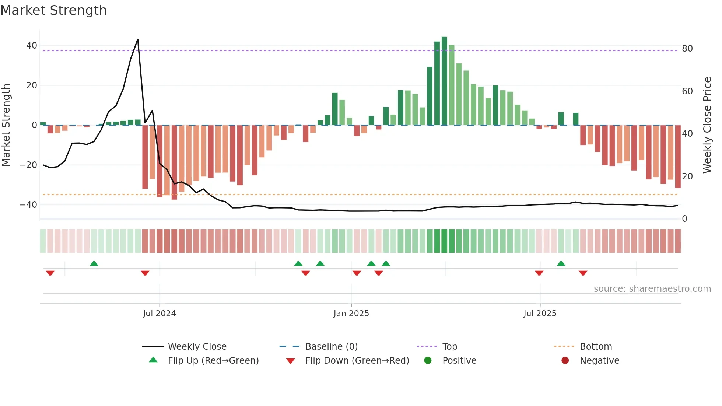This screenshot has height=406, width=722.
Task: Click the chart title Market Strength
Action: pyautogui.click(x=53, y=10)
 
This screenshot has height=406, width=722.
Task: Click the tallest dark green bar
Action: pyautogui.click(x=444, y=81)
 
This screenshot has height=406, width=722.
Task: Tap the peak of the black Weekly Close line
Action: pyautogui.click(x=137, y=39)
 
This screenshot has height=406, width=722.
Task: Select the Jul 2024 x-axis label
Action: pyautogui.click(x=159, y=314)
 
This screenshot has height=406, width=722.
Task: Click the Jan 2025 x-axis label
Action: pyautogui.click(x=351, y=314)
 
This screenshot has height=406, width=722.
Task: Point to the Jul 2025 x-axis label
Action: pyautogui.click(x=540, y=314)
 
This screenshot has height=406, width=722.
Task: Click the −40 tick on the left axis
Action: pyautogui.click(x=28, y=204)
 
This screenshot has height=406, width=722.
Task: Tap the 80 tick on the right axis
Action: pyautogui.click(x=687, y=49)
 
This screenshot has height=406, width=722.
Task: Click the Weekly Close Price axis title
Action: pyautogui.click(x=707, y=125)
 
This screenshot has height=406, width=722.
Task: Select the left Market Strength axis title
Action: pyautogui.click(x=6, y=125)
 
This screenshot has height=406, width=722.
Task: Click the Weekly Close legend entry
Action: pyautogui.click(x=197, y=347)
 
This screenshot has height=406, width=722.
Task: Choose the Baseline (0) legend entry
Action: pyautogui.click(x=331, y=347)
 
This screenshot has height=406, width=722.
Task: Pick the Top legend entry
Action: pyautogui.click(x=449, y=347)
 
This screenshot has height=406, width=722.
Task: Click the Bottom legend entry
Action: pyautogui.click(x=596, y=347)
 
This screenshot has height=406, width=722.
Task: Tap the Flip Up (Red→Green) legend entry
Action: pyautogui.click(x=213, y=361)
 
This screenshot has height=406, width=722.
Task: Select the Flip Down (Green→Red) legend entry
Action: pyautogui.click(x=357, y=361)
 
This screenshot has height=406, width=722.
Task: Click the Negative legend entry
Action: pyautogui.click(x=599, y=361)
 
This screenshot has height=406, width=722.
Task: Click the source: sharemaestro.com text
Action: pyautogui.click(x=652, y=289)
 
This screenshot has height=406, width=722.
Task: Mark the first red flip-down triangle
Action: pyautogui.click(x=50, y=273)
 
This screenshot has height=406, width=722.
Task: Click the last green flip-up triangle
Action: pyautogui.click(x=561, y=263)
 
